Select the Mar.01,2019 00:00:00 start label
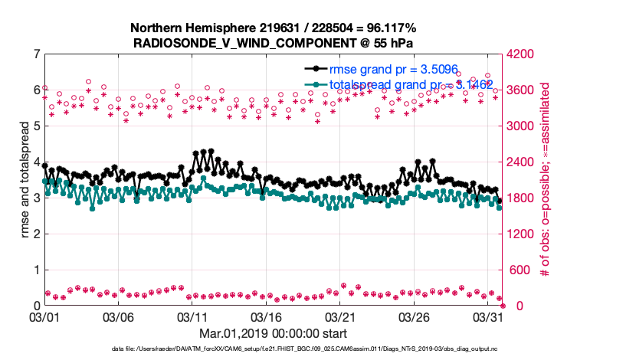pos(272,333)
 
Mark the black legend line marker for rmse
pos(316,70)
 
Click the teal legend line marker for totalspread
pos(316,84)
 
